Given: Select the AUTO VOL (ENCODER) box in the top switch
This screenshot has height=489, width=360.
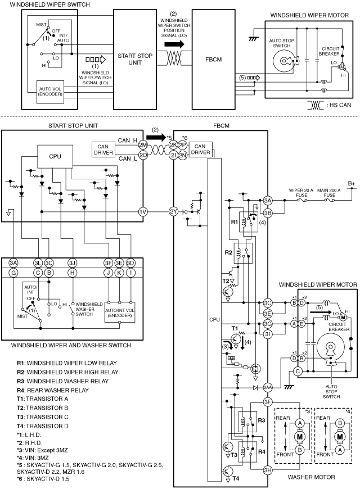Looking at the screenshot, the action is click(50, 92).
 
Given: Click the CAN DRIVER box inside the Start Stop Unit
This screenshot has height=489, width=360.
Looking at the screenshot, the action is click(103, 150).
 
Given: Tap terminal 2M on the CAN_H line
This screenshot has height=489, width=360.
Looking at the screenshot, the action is click(143, 144).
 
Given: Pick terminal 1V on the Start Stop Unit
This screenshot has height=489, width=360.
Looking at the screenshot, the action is click(143, 212).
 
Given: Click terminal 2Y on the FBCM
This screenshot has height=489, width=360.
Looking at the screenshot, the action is click(174, 212).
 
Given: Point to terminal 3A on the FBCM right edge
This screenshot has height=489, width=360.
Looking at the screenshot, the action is click(268, 201).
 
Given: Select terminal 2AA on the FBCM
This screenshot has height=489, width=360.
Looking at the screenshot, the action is click(268, 388).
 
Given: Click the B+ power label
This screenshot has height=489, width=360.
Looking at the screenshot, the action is click(352, 183).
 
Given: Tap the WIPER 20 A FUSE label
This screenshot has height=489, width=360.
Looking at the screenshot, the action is click(301, 193).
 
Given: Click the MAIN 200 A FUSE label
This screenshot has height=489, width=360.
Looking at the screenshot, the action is click(329, 193).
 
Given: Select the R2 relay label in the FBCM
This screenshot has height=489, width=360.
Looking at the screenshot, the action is click(228, 252).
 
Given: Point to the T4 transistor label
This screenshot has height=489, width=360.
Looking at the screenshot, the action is click(236, 478).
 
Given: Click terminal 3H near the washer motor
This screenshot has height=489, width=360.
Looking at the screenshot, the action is click(268, 470).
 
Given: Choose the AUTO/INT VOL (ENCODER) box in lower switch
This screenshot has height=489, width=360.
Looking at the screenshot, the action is click(120, 312).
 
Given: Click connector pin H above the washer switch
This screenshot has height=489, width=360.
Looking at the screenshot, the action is click(73, 273).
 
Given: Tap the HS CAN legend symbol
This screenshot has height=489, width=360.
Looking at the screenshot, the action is click(316, 106).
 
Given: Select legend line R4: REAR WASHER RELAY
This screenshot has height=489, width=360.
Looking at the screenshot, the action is click(53, 390).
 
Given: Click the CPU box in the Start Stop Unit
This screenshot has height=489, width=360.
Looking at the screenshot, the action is click(55, 157).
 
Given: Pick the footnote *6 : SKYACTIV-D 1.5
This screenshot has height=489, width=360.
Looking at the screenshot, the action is click(43, 479).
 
